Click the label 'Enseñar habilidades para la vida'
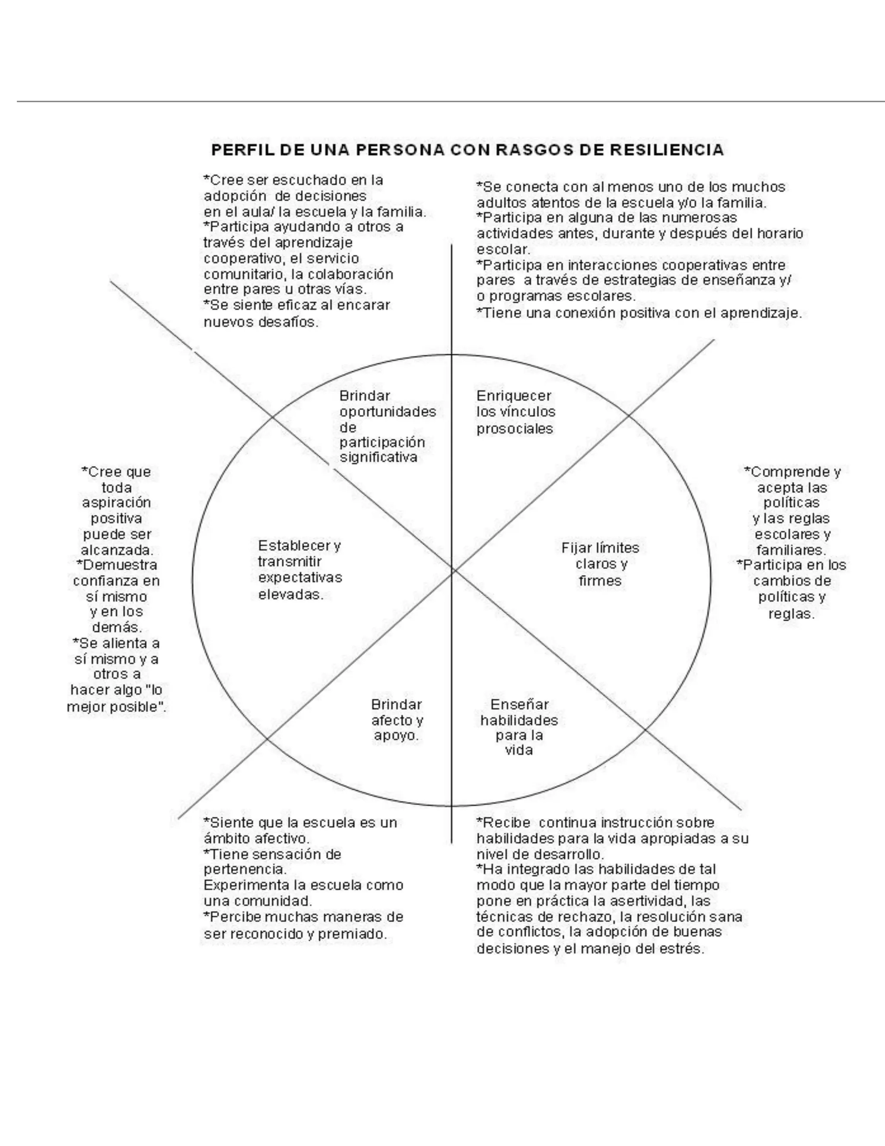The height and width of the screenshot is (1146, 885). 519,727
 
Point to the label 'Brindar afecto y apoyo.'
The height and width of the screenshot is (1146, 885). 397,720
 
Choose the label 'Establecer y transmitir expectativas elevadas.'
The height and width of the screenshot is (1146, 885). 299,570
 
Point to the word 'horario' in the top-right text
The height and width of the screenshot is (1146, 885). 780,234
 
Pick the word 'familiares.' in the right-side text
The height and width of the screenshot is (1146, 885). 791,551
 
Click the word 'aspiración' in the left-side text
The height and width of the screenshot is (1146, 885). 116,503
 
